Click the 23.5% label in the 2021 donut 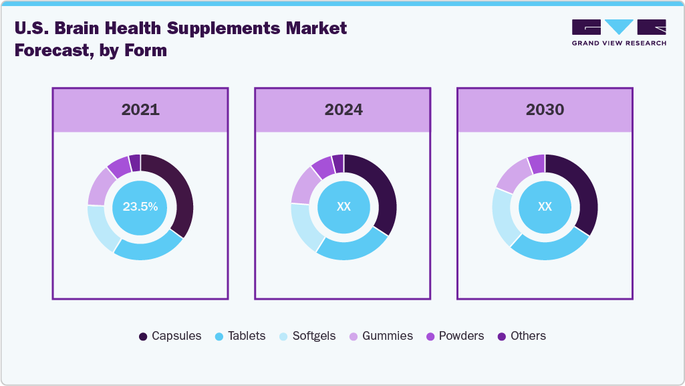pos(140,207)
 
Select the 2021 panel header pos(140,110)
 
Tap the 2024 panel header pos(344,110)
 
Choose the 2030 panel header pos(545,110)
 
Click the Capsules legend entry pos(170,336)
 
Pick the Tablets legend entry pos(241,336)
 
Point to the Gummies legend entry pos(381,336)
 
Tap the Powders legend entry pos(454,336)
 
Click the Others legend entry pos(522,336)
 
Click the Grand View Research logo pos(619,33)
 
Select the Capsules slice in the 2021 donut pos(182,194)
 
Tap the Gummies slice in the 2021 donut pos(100,185)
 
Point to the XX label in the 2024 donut pos(344,207)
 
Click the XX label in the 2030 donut pos(545,207)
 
